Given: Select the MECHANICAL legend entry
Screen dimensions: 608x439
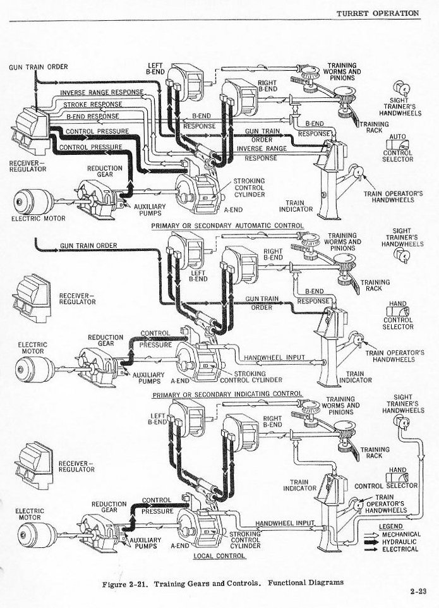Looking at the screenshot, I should click(400, 534).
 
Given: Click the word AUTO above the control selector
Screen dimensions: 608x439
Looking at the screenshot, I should click(398, 137).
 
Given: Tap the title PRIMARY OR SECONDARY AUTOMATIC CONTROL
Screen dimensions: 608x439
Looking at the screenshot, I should click(227, 226).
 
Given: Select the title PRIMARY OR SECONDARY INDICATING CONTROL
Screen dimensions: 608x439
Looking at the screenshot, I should click(227, 394).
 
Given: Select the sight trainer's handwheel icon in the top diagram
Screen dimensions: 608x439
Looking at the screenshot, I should click(399, 89).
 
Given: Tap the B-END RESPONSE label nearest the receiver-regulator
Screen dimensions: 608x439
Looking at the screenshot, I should click(93, 117).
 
